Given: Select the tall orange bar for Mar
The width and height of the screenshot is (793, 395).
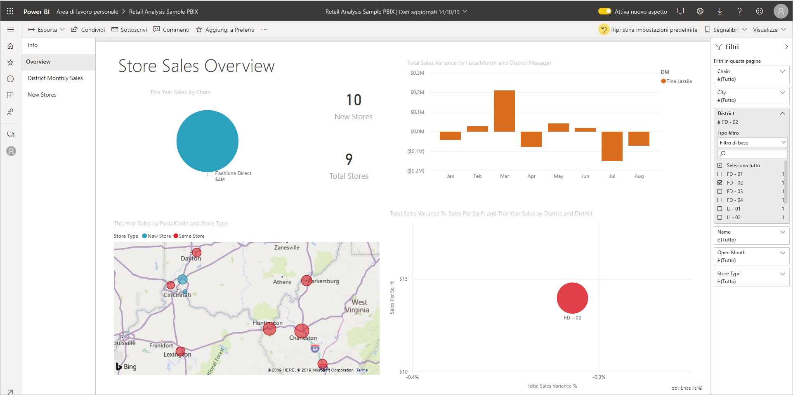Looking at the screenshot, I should (504, 111).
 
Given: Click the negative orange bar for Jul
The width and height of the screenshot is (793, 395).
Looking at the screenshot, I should (612, 146).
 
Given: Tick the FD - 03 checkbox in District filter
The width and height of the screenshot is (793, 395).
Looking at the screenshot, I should (720, 192).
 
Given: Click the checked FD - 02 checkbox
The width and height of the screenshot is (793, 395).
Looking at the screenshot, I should (720, 183).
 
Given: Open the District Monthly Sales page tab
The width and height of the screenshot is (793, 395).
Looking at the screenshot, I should (55, 78).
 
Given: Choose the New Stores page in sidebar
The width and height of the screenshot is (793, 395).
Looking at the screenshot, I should (42, 95).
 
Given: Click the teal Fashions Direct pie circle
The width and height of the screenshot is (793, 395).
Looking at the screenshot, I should (207, 141).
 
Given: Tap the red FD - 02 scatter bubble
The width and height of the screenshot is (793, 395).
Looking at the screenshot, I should (572, 298).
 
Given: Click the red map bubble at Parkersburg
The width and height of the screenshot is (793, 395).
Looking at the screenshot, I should (306, 281).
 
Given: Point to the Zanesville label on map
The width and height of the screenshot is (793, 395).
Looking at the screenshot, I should (287, 248).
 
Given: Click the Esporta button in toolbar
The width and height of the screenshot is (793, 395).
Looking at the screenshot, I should (46, 30).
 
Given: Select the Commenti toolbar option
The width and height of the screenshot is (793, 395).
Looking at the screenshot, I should (171, 30).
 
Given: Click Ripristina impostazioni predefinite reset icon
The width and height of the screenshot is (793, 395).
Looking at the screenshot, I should (604, 30).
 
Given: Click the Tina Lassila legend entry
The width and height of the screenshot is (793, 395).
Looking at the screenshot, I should (679, 81).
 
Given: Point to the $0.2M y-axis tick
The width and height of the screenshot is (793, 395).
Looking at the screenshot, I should (417, 92).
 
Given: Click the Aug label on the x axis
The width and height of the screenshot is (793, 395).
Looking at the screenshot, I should (639, 176).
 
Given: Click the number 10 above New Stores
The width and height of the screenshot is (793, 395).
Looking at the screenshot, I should (354, 100).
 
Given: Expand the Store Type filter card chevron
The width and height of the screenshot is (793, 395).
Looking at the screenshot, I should (782, 274).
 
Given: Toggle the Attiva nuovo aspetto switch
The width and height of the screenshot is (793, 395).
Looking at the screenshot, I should (605, 12).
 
